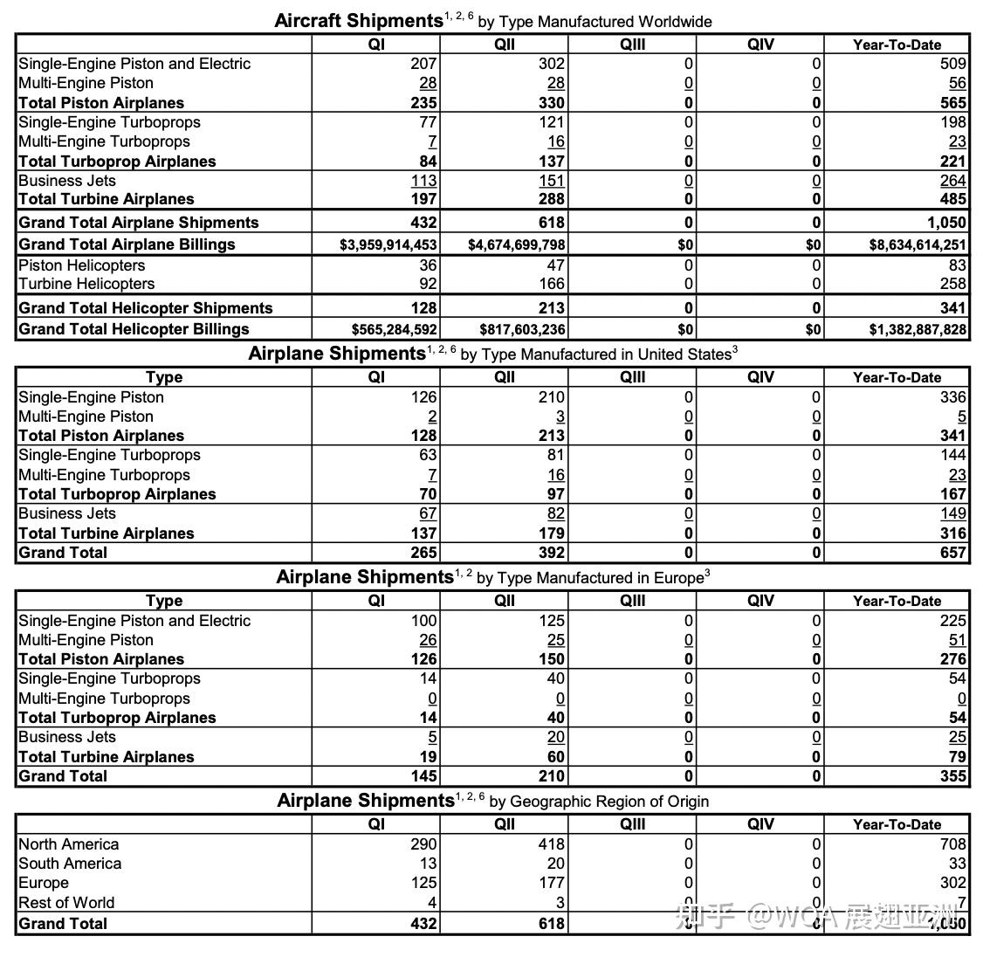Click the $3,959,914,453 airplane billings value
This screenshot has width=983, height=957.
pyautogui.click(x=388, y=245)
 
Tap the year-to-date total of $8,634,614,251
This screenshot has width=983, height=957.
pyautogui.click(x=918, y=245)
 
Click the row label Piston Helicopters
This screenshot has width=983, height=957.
pyautogui.click(x=81, y=265)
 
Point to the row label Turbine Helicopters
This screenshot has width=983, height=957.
pyautogui.click(x=86, y=284)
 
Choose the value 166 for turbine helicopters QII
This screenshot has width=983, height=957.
pyautogui.click(x=552, y=284)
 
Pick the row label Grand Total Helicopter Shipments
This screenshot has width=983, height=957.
pyautogui.click(x=145, y=308)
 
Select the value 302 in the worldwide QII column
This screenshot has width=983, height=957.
pyautogui.click(x=552, y=64)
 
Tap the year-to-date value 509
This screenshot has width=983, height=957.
pyautogui.click(x=952, y=64)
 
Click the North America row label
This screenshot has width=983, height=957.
pyautogui.click(x=68, y=844)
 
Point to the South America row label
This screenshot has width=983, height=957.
pyautogui.click(x=70, y=864)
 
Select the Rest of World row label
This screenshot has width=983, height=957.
pyautogui.click(x=66, y=903)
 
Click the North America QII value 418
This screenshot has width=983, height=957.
pyautogui.click(x=552, y=844)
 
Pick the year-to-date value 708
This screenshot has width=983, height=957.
pyautogui.click(x=952, y=844)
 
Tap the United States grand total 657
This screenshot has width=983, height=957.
pyautogui.click(x=952, y=553)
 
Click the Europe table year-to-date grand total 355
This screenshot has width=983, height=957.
pyautogui.click(x=952, y=776)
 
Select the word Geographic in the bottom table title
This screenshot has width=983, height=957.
pyautogui.click(x=548, y=802)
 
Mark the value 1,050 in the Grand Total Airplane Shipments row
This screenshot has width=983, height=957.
pyautogui.click(x=945, y=223)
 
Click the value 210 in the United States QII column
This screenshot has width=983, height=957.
pyautogui.click(x=552, y=397)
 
